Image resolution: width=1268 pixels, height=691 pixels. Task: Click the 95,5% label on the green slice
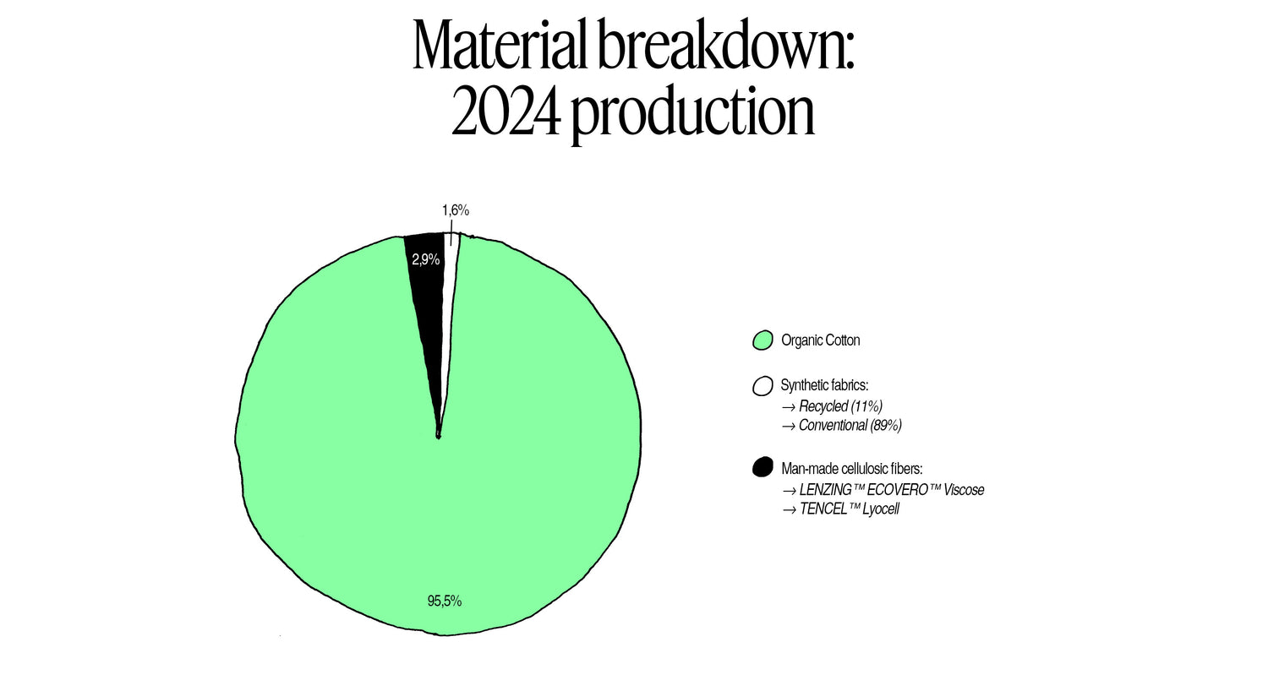pyautogui.click(x=445, y=601)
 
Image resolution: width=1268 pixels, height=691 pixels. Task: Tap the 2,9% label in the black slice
pyautogui.click(x=426, y=259)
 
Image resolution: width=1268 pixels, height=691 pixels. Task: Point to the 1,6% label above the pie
pyautogui.click(x=456, y=210)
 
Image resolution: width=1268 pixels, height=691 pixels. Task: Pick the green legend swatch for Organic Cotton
pyautogui.click(x=762, y=340)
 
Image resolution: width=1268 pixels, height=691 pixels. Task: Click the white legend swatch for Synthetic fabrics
pyautogui.click(x=762, y=386)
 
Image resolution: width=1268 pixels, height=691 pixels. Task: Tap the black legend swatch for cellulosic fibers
pyautogui.click(x=762, y=467)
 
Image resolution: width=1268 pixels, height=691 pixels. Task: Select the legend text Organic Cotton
pyautogui.click(x=820, y=340)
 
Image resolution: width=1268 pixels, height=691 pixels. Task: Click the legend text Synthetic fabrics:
pyautogui.click(x=824, y=385)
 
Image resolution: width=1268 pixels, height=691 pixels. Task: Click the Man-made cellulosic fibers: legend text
pyautogui.click(x=852, y=469)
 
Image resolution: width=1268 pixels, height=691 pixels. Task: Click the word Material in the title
pyautogui.click(x=500, y=45)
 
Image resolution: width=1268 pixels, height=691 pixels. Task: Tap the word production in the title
pyautogui.click(x=693, y=116)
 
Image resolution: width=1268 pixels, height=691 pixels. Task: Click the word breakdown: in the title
pyautogui.click(x=725, y=45)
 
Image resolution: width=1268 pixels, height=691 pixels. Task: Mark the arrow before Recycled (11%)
pyautogui.click(x=789, y=408)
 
